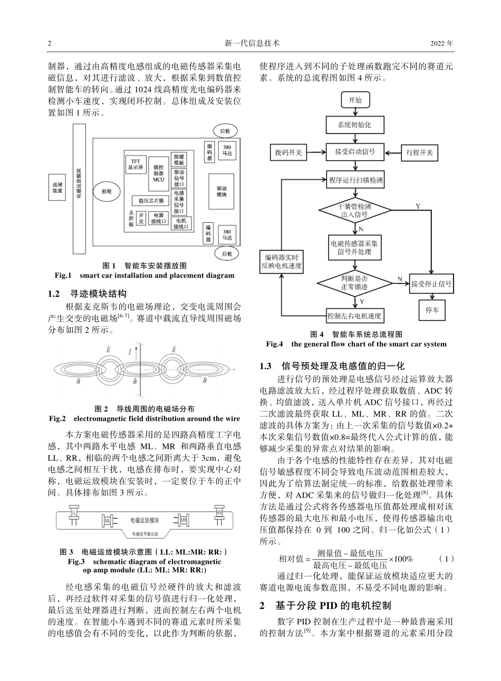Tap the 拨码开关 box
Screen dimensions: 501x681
pyautogui.click(x=288, y=153)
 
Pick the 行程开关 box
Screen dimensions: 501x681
pyautogui.click(x=419, y=153)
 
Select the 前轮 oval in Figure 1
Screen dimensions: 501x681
pyautogui.click(x=106, y=191)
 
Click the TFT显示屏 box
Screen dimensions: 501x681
pyautogui.click(x=135, y=164)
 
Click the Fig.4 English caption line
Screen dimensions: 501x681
pyautogui.click(x=356, y=344)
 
